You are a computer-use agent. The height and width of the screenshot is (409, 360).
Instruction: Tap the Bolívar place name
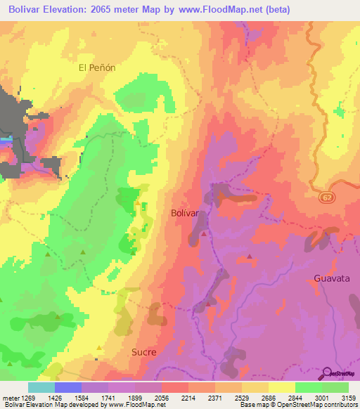[x=186, y=212]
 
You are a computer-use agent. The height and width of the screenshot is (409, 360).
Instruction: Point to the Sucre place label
[x=143, y=351]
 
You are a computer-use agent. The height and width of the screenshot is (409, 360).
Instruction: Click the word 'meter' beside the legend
[x=10, y=397]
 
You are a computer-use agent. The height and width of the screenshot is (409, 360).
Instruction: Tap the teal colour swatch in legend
[x=41, y=387]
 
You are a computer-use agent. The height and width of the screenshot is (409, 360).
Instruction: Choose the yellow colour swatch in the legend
[x=281, y=387]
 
